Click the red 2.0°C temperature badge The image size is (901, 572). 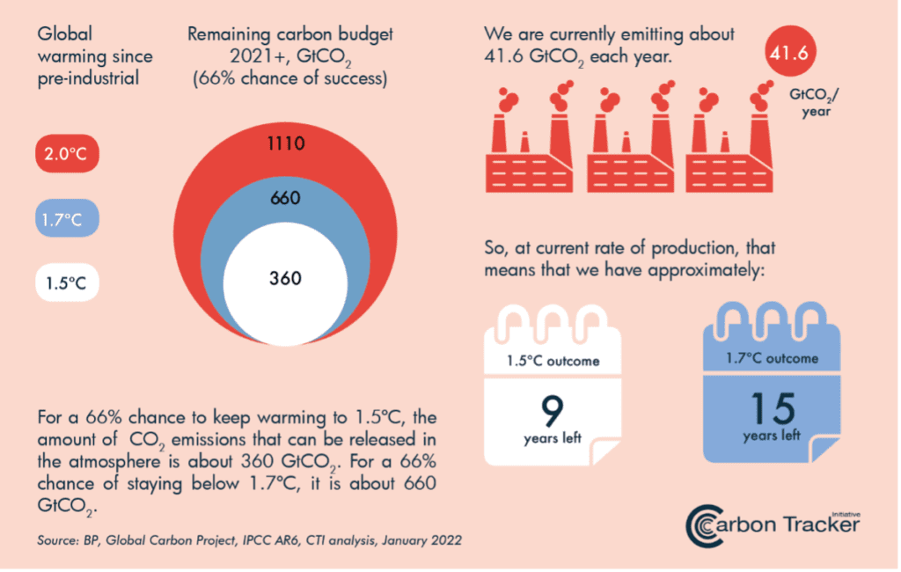coord(67,155)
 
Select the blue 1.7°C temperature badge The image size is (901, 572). coord(67,219)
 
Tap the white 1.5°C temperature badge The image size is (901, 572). coord(67,284)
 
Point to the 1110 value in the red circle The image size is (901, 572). coord(286,142)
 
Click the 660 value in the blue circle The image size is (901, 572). coord(286,198)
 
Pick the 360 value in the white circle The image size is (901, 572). coord(286,278)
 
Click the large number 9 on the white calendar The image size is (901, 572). coord(553,409)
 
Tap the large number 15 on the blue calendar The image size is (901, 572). coord(772,407)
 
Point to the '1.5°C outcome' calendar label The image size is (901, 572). coord(553,361)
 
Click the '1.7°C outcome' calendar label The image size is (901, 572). coord(772,358)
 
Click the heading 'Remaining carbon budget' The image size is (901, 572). coord(290,35)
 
